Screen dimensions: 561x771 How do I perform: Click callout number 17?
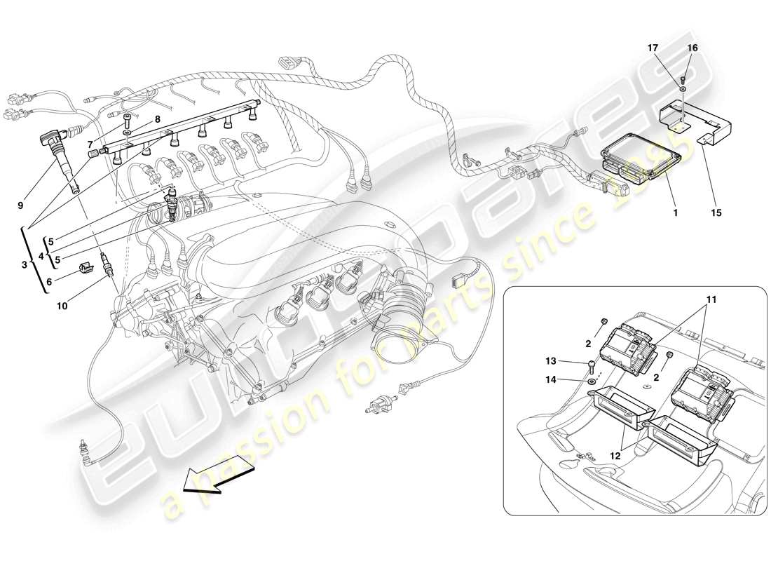(653, 48)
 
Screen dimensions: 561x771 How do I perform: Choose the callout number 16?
(692, 48)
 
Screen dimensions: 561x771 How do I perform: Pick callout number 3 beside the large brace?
(24, 265)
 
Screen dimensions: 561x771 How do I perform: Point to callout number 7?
(90, 144)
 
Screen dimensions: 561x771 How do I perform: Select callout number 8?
(158, 119)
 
